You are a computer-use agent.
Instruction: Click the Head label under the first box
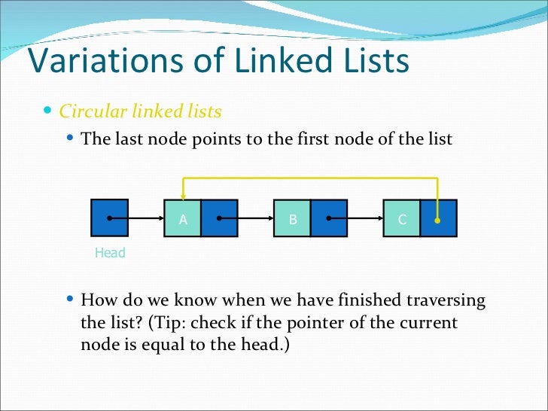coord(110,253)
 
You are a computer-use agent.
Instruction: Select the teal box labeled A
coord(182,219)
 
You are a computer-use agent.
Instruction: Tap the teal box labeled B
coord(292,219)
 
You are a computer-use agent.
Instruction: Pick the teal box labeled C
coord(402,219)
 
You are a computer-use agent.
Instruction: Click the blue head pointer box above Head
coord(109,218)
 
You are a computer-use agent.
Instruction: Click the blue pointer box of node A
coord(219,219)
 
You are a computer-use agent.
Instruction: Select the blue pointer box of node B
coord(329,219)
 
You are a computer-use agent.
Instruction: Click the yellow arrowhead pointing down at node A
coord(182,194)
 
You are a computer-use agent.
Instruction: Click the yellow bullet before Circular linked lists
coord(48,111)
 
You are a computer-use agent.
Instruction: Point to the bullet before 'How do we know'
coord(70,300)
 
